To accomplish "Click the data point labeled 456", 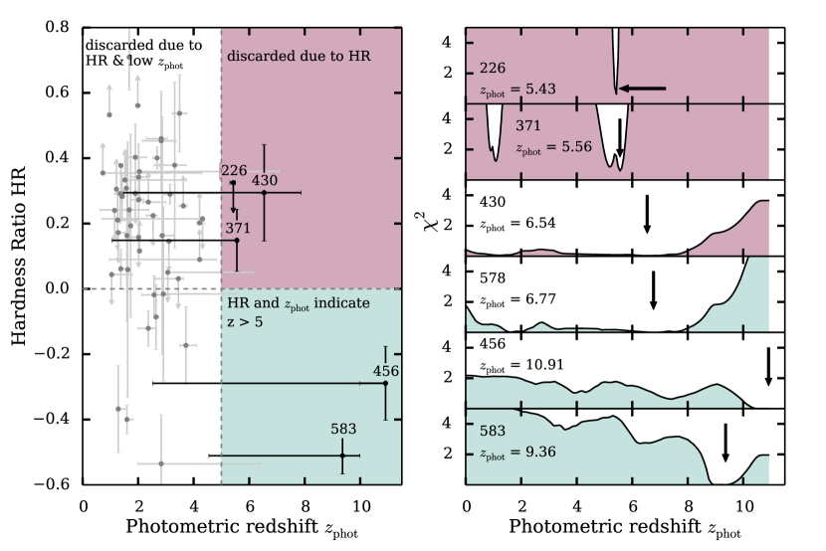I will [x=385, y=383].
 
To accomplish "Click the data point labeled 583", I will [x=342, y=456].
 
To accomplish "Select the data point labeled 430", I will [x=264, y=192].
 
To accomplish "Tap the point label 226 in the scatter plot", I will [x=234, y=171].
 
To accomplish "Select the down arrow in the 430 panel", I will [x=647, y=214].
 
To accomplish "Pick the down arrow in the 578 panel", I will [x=653, y=290].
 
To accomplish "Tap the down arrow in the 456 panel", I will [x=768, y=366].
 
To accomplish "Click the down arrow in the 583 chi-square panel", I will [x=725, y=443].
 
